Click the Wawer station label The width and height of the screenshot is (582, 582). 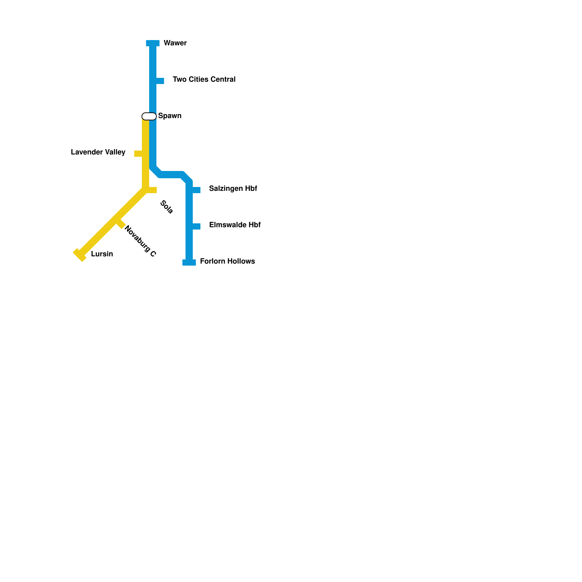pos(175,43)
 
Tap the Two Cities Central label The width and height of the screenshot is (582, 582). pos(204,79)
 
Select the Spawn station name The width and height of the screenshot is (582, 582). pos(170,116)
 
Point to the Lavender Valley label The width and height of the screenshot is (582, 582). pos(98,152)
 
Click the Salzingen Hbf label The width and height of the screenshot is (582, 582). pos(233,188)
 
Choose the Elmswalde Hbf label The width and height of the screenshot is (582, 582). pos(235,225)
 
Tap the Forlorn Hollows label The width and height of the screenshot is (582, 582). pos(227,261)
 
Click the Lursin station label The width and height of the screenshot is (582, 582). pos(102,254)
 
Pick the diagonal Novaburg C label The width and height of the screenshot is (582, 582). pos(140,241)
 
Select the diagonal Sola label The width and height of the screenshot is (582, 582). pos(167,207)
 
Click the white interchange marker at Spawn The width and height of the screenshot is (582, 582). pos(149,116)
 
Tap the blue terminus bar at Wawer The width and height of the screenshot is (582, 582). pos(153,43)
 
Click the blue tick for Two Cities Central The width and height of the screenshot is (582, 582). pos(160,81)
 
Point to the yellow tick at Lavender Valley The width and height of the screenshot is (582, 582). pos(138,154)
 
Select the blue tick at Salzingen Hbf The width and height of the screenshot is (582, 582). pos(196,190)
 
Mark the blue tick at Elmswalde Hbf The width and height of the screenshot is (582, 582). pos(196,226)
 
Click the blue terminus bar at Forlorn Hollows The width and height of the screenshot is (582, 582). pos(189,263)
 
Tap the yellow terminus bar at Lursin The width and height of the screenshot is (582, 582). pos(80,255)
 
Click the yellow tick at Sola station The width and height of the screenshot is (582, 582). pos(152,190)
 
